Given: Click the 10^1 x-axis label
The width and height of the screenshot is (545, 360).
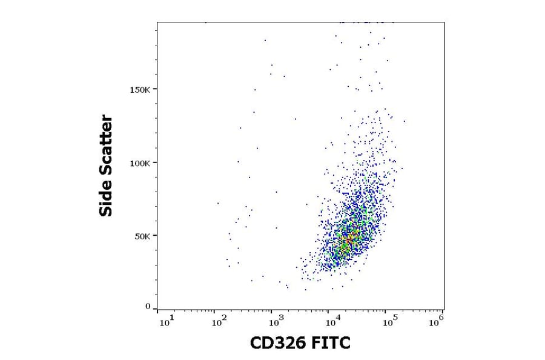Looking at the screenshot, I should coord(167,321).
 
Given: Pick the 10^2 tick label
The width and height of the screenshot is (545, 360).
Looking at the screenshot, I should coord(221,321).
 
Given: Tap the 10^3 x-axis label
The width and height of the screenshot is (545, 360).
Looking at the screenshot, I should coord(276,321).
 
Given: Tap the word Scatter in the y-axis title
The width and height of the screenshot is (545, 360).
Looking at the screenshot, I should coord(107,141).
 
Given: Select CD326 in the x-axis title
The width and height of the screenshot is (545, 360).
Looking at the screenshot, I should coord(280,344).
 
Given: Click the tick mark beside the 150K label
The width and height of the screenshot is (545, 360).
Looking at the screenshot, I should coord(155,89).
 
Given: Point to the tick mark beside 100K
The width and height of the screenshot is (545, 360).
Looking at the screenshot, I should coord(155,162).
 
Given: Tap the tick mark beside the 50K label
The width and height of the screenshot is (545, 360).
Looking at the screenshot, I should coord(155,236).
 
